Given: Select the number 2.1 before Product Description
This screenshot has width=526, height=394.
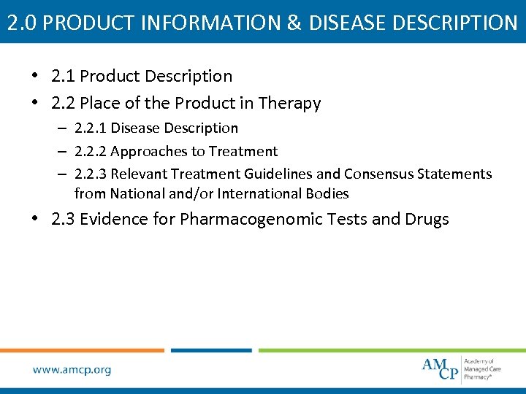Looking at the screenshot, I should pyautogui.click(x=64, y=76).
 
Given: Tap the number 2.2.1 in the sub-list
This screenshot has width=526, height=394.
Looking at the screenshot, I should pyautogui.click(x=89, y=128).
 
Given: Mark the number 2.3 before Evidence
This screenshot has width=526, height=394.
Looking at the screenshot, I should pyautogui.click(x=64, y=219).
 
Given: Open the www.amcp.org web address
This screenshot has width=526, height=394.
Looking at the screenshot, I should pyautogui.click(x=72, y=370).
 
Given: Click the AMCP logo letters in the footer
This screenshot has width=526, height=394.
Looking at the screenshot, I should pyautogui.click(x=440, y=368).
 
